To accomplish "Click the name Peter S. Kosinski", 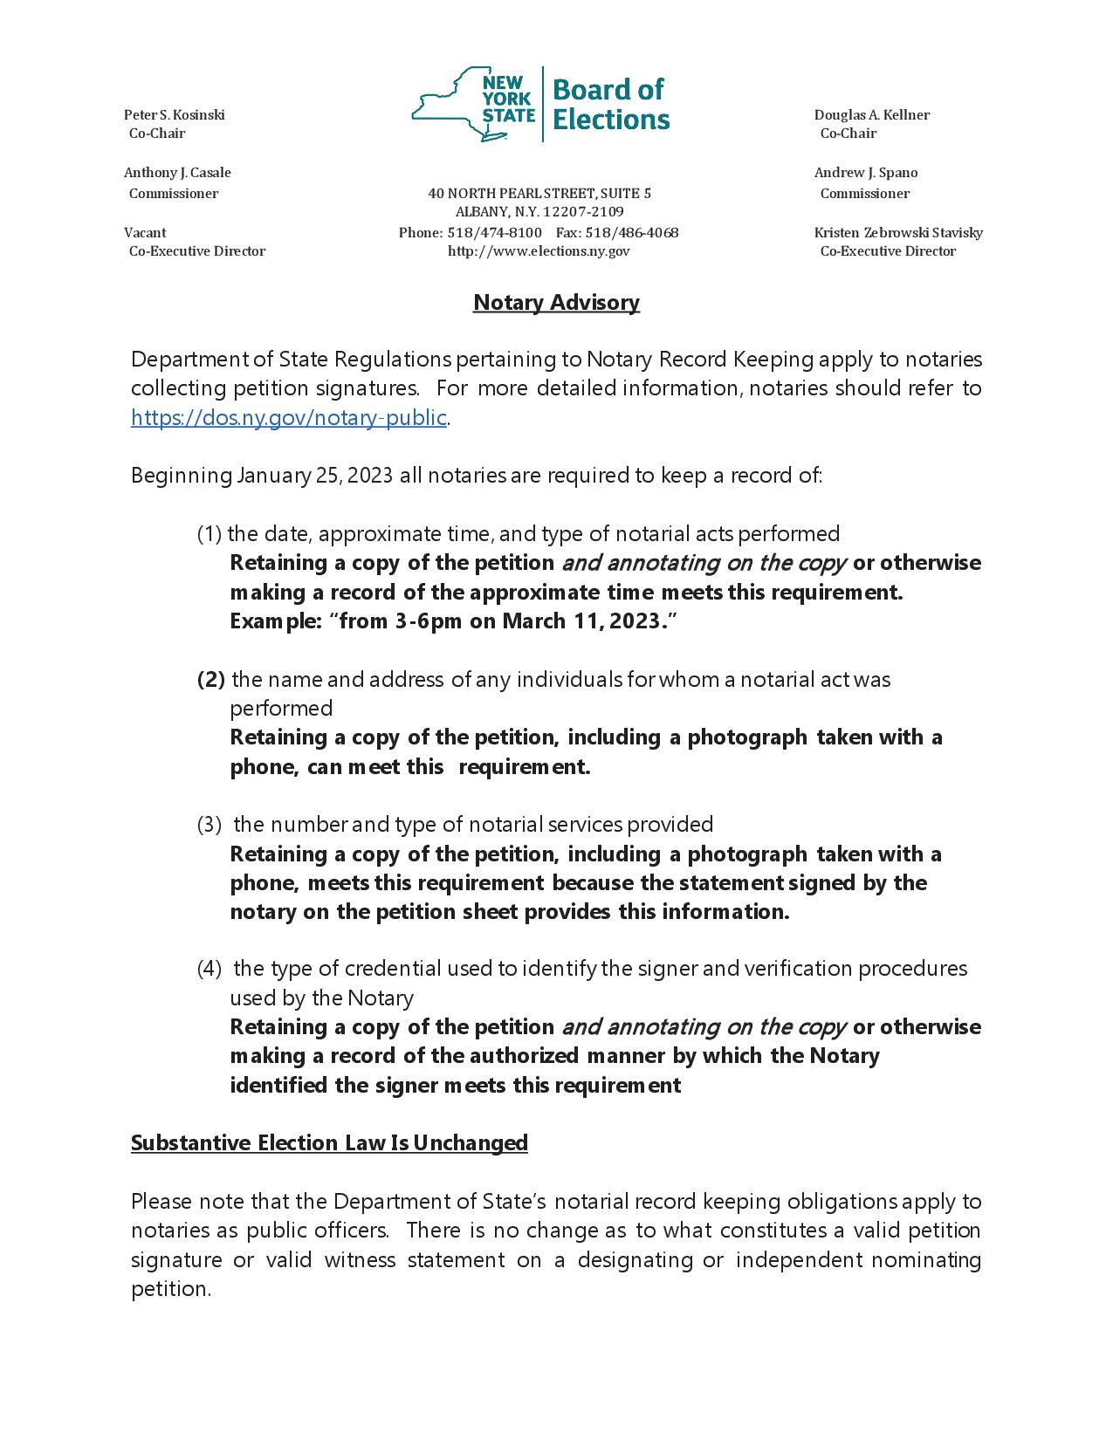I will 175,115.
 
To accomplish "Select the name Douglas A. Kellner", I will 871,115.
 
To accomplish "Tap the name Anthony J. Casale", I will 177,173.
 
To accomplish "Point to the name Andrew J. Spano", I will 865,173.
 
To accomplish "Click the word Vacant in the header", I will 145,233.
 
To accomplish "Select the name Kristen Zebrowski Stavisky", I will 898,233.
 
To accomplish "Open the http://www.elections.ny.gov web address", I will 539,251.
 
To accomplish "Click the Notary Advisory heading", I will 556,303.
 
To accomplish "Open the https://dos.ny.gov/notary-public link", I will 289,418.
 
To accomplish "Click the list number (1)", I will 210,534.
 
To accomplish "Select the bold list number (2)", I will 211,679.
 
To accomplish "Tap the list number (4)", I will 210,969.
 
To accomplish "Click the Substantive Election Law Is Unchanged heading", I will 329,1143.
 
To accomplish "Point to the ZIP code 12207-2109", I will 583,212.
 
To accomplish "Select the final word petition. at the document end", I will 171,1289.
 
